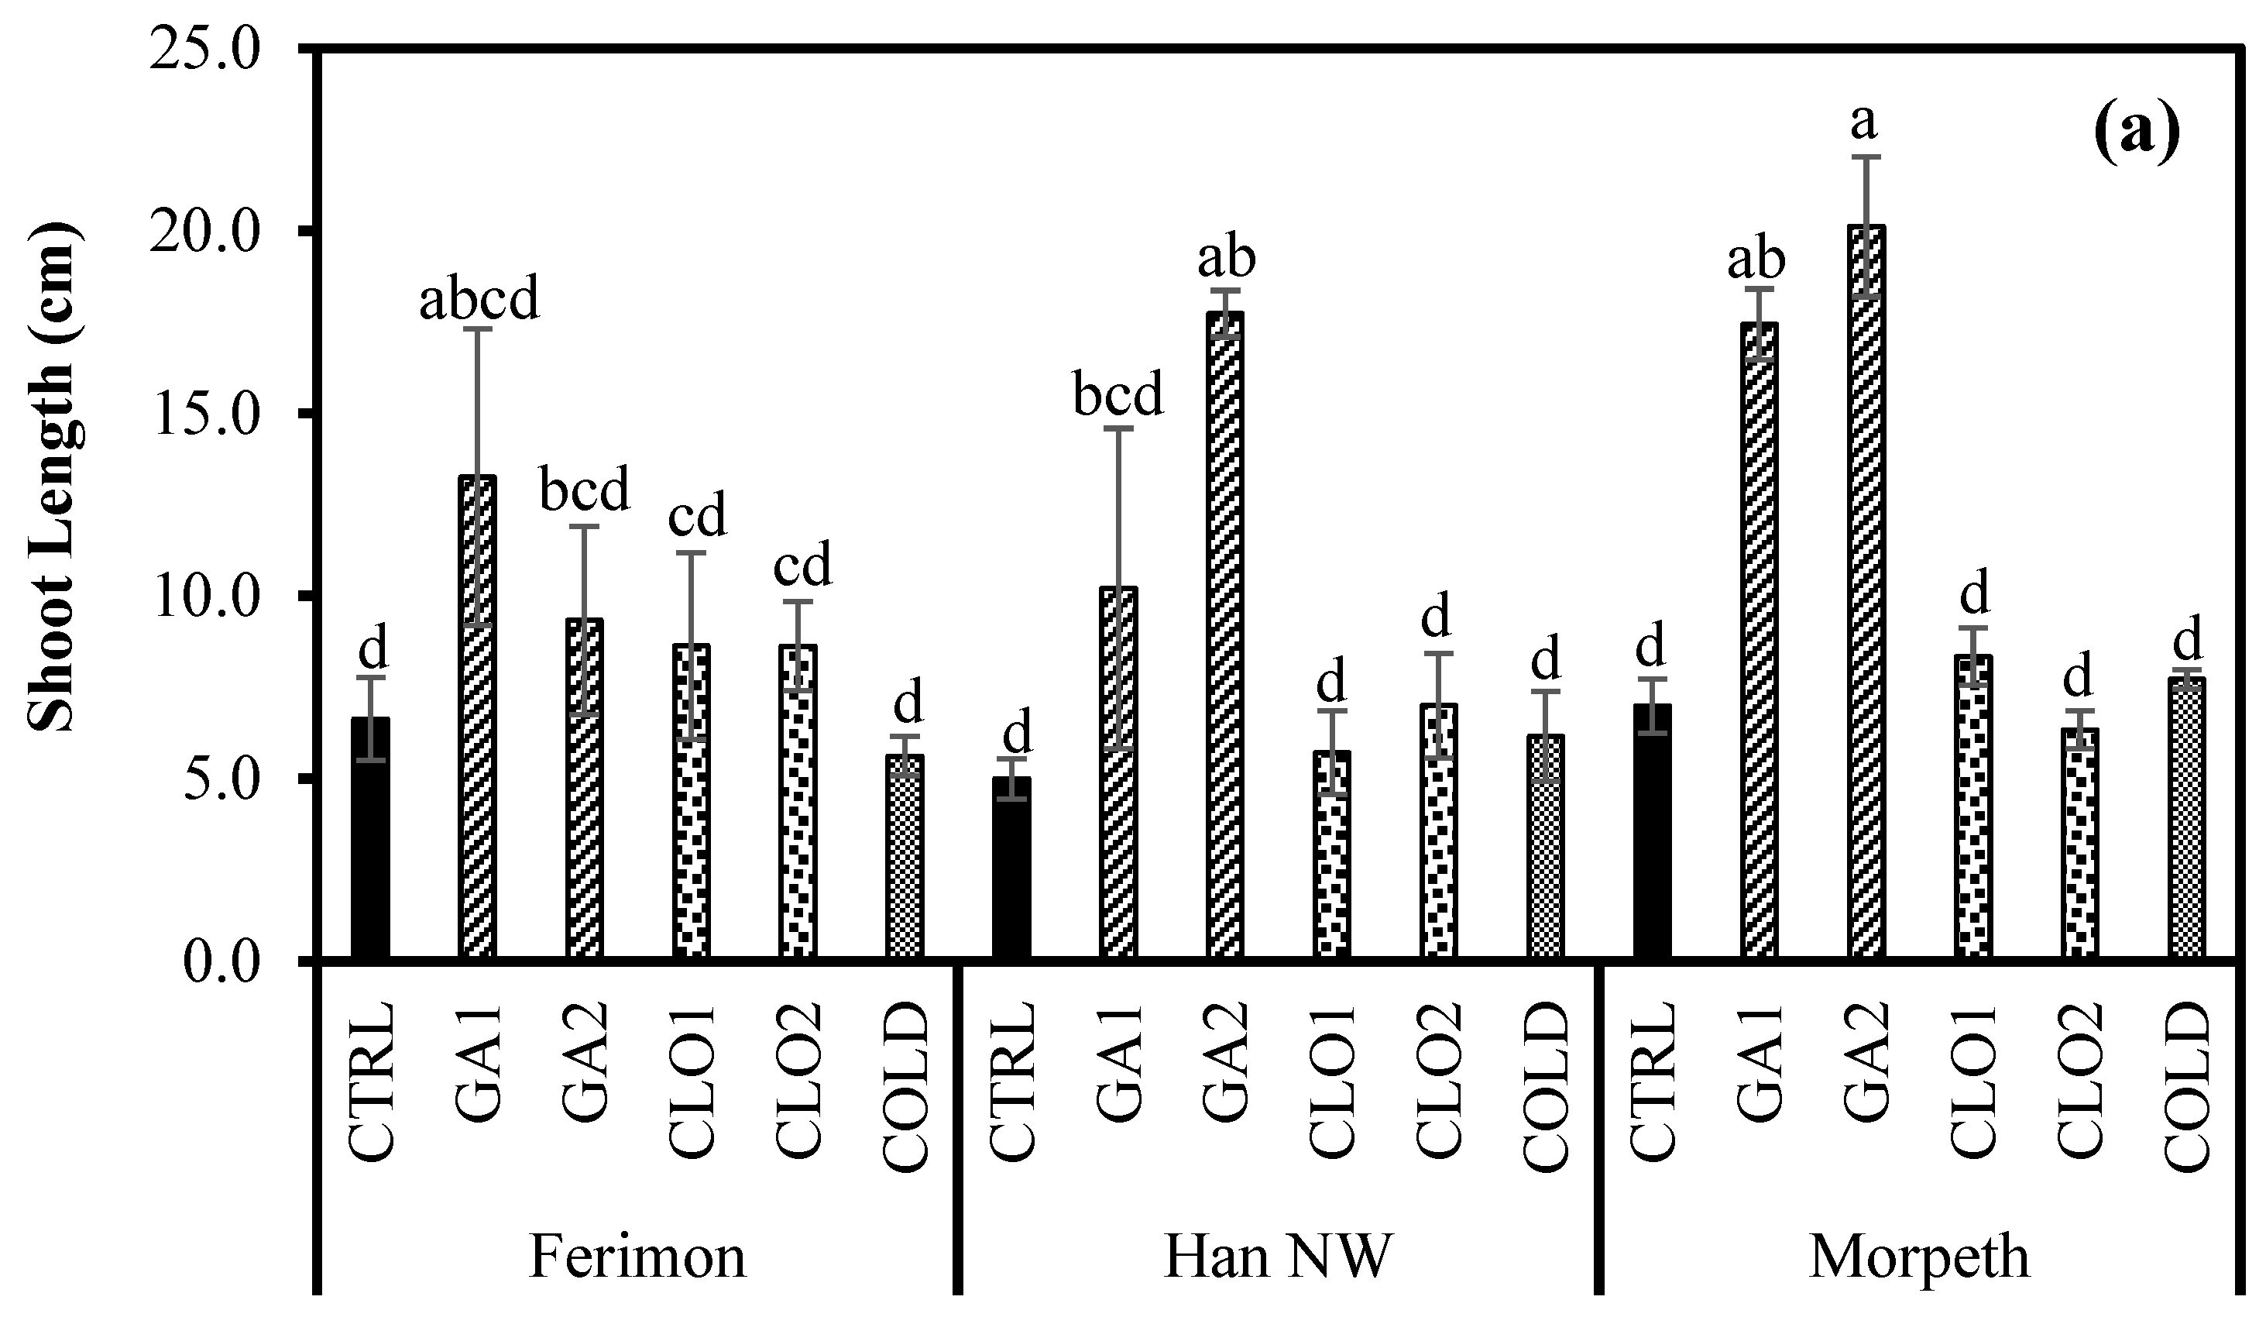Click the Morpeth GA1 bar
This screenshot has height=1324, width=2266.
click(x=1758, y=642)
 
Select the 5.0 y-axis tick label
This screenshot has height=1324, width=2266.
click(x=225, y=779)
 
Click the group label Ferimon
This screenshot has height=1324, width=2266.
click(x=637, y=1257)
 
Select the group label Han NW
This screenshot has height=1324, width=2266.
click(x=1278, y=1257)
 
